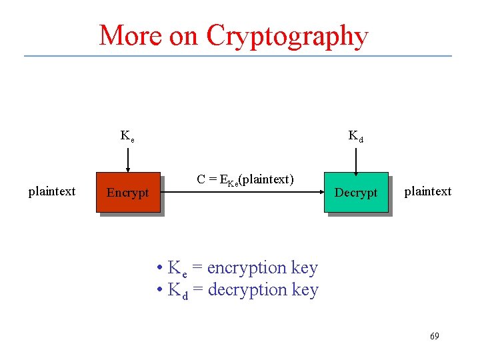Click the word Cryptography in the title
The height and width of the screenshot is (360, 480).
[x=287, y=35]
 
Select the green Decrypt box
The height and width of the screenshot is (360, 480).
[x=355, y=192]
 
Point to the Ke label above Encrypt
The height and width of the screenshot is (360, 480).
[x=127, y=137]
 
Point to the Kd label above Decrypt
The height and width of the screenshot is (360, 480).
[x=356, y=137]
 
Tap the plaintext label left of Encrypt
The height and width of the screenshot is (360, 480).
[x=52, y=191]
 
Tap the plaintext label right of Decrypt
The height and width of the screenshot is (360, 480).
[x=428, y=191]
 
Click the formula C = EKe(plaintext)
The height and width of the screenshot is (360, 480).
[x=245, y=179]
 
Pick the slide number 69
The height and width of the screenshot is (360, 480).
[x=434, y=336]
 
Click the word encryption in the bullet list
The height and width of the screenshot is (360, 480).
[x=247, y=268]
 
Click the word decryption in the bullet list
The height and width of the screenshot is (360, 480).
[x=248, y=290]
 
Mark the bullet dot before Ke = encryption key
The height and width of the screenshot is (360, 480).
[x=159, y=268]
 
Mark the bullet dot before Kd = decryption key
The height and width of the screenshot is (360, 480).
[x=159, y=290]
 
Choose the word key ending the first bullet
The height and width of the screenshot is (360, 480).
[x=305, y=268]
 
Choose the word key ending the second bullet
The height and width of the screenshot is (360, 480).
[x=305, y=290]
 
